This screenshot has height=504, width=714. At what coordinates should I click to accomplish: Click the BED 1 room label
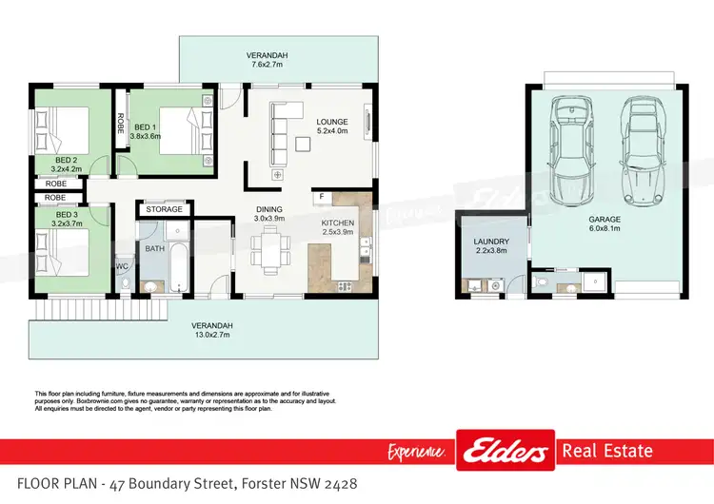146,126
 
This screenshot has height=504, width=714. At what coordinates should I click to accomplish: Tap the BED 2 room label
66,160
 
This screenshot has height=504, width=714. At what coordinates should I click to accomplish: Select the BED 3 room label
66,215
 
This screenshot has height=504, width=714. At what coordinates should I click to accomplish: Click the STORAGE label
165,208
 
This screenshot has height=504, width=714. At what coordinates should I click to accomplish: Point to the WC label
122,265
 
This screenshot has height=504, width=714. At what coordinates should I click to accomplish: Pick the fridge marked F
323,197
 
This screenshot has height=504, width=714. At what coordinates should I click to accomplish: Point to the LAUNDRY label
492,242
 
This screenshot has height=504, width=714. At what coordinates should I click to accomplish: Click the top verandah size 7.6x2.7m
268,66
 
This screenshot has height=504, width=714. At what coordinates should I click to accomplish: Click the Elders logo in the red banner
505,450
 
